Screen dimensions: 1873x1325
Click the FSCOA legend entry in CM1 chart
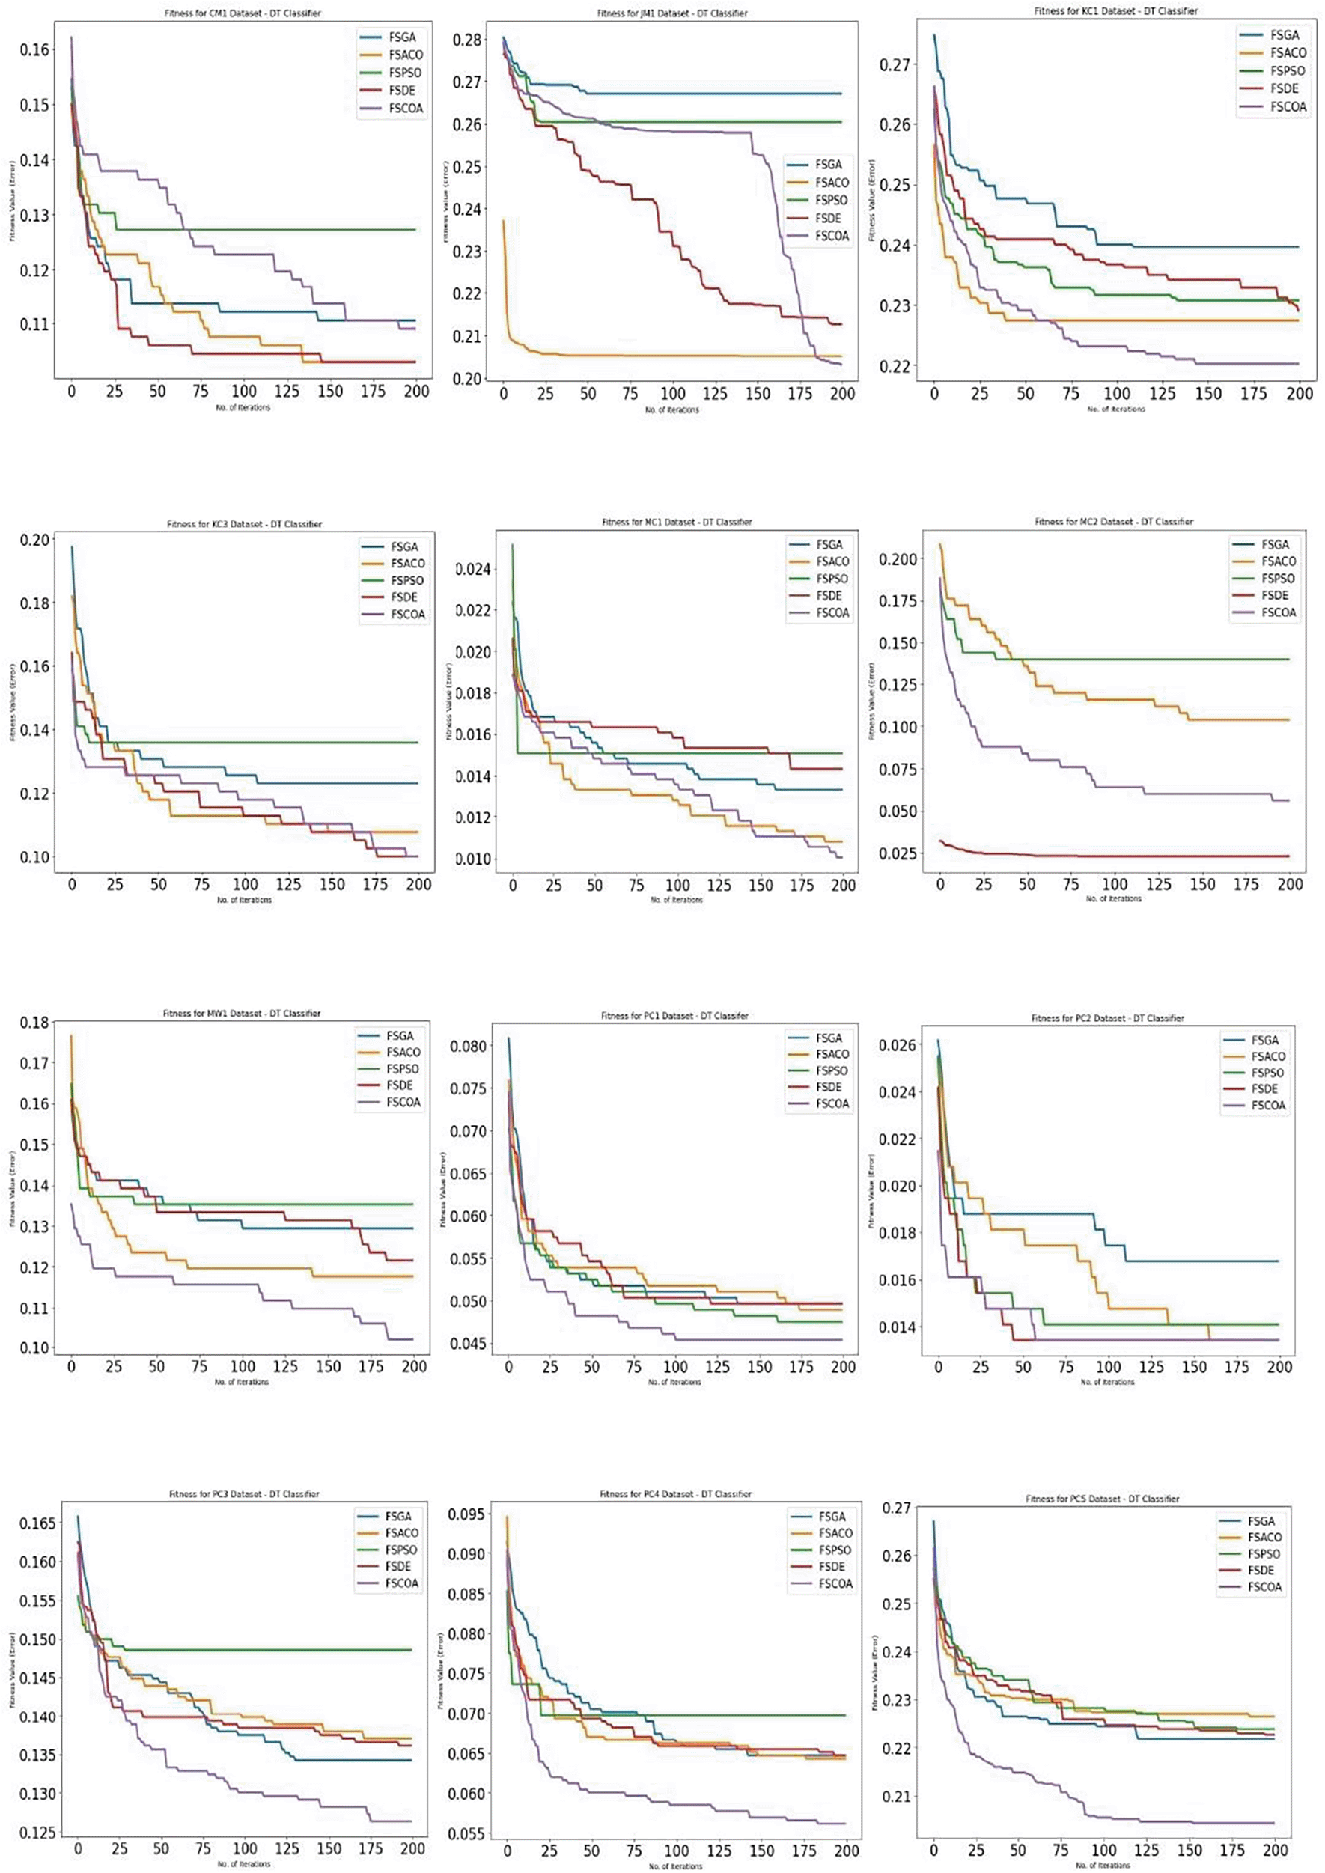(x=406, y=109)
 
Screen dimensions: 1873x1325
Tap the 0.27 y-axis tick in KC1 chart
(x=895, y=64)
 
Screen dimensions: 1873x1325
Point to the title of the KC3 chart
(x=244, y=524)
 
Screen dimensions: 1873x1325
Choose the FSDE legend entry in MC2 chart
(x=1274, y=595)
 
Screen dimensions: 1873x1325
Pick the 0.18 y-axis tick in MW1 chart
(x=34, y=1022)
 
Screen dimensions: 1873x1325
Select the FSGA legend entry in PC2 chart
(x=1264, y=1040)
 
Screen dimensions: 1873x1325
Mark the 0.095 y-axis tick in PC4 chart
(x=466, y=1515)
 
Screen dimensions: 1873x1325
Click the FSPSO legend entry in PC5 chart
(x=1263, y=1554)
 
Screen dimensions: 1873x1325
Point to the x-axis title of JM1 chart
(x=671, y=410)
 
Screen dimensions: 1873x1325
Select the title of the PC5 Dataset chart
(x=1101, y=1499)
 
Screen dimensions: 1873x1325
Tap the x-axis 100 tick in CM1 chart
(x=243, y=391)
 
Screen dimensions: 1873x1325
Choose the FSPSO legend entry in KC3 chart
(x=407, y=580)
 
